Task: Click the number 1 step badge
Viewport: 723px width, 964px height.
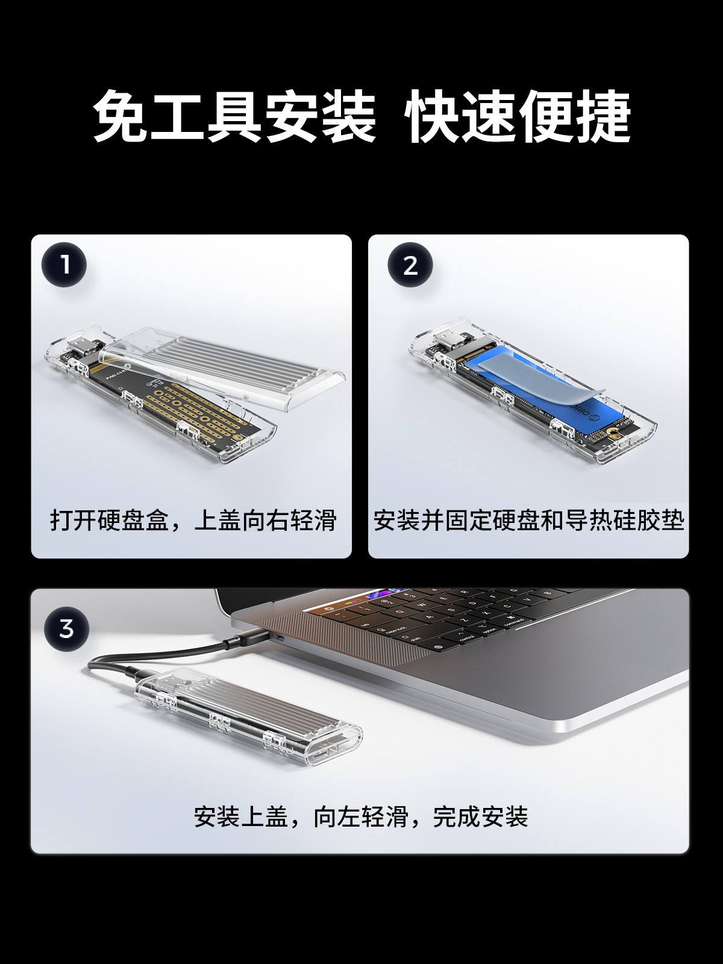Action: point(64,265)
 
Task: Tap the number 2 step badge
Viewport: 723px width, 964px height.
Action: point(410,265)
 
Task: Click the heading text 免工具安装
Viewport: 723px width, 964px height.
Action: point(235,116)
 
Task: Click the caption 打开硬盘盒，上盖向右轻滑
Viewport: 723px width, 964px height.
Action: point(193,521)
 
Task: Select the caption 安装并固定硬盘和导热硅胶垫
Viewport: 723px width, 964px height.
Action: point(528,521)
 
